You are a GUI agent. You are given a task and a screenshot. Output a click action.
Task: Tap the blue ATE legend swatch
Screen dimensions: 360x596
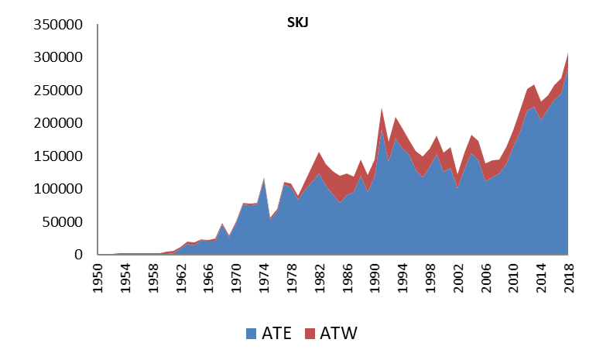(x=250, y=334)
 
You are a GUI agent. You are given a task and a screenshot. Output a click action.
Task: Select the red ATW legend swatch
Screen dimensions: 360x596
(x=311, y=334)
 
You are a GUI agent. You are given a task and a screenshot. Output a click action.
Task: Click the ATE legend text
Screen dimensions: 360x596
(x=275, y=334)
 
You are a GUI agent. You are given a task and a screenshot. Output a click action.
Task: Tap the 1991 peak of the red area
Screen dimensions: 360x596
(x=382, y=109)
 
